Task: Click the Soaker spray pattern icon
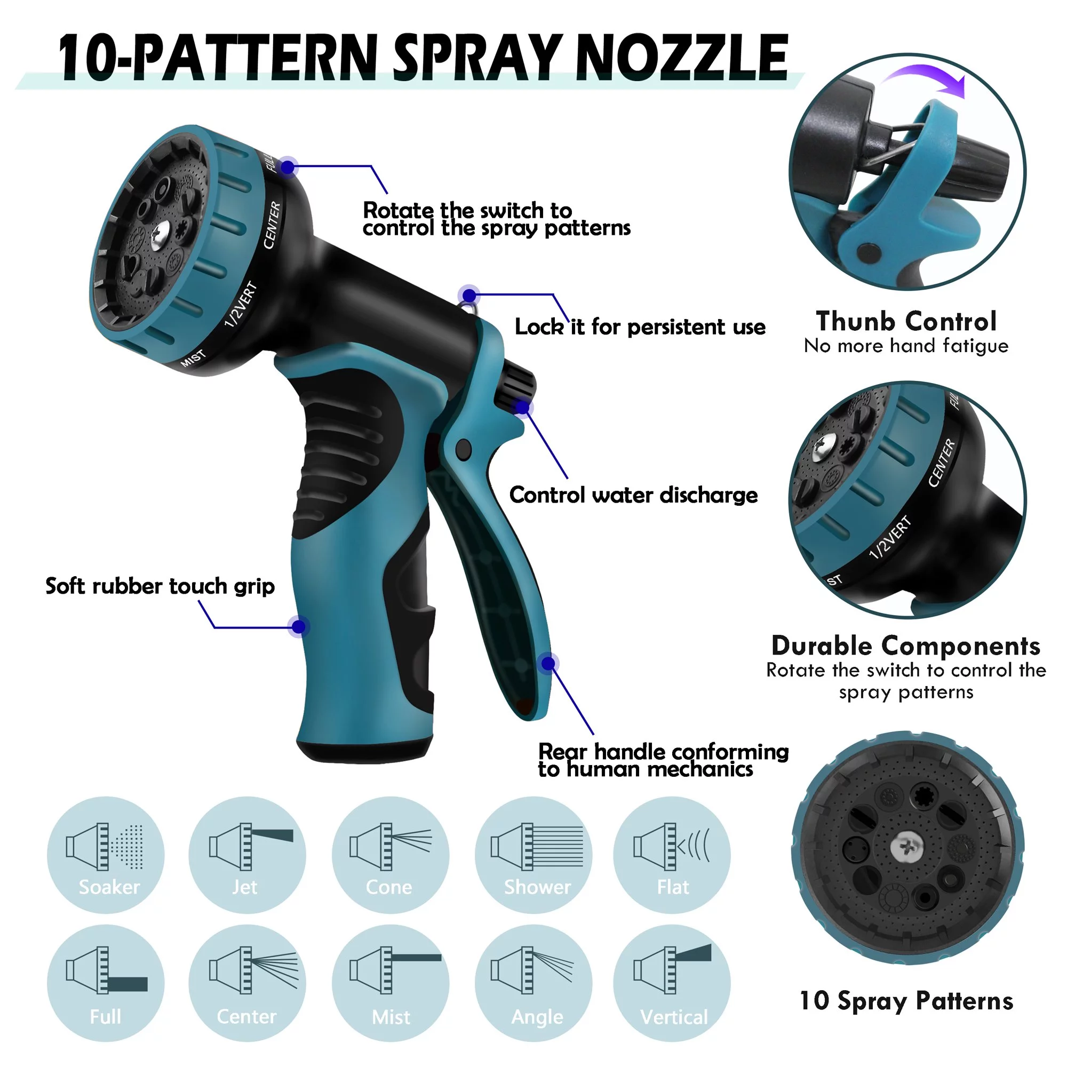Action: pyautogui.click(x=106, y=854)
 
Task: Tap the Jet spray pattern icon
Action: pyautogui.click(x=247, y=854)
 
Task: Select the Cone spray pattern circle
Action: pyautogui.click(x=390, y=854)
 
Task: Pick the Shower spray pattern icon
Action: pyautogui.click(x=533, y=854)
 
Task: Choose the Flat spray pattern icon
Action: pyautogui.click(x=672, y=854)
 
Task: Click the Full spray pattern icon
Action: pyautogui.click(x=106, y=983)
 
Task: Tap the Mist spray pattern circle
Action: pyautogui.click(x=390, y=983)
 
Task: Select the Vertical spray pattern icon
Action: pyautogui.click(x=672, y=983)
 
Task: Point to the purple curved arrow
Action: pyautogui.click(x=928, y=77)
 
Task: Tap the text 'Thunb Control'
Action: pyautogui.click(x=906, y=321)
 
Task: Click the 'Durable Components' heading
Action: pyautogui.click(x=906, y=646)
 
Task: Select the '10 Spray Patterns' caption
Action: pyautogui.click(x=906, y=1001)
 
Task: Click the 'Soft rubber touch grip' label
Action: pyautogui.click(x=160, y=586)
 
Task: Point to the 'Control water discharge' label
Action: pyautogui.click(x=633, y=495)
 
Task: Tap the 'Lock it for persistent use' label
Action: pyautogui.click(x=640, y=327)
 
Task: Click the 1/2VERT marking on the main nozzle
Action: pyautogui.click(x=241, y=304)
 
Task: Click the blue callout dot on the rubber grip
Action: pyautogui.click(x=299, y=627)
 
